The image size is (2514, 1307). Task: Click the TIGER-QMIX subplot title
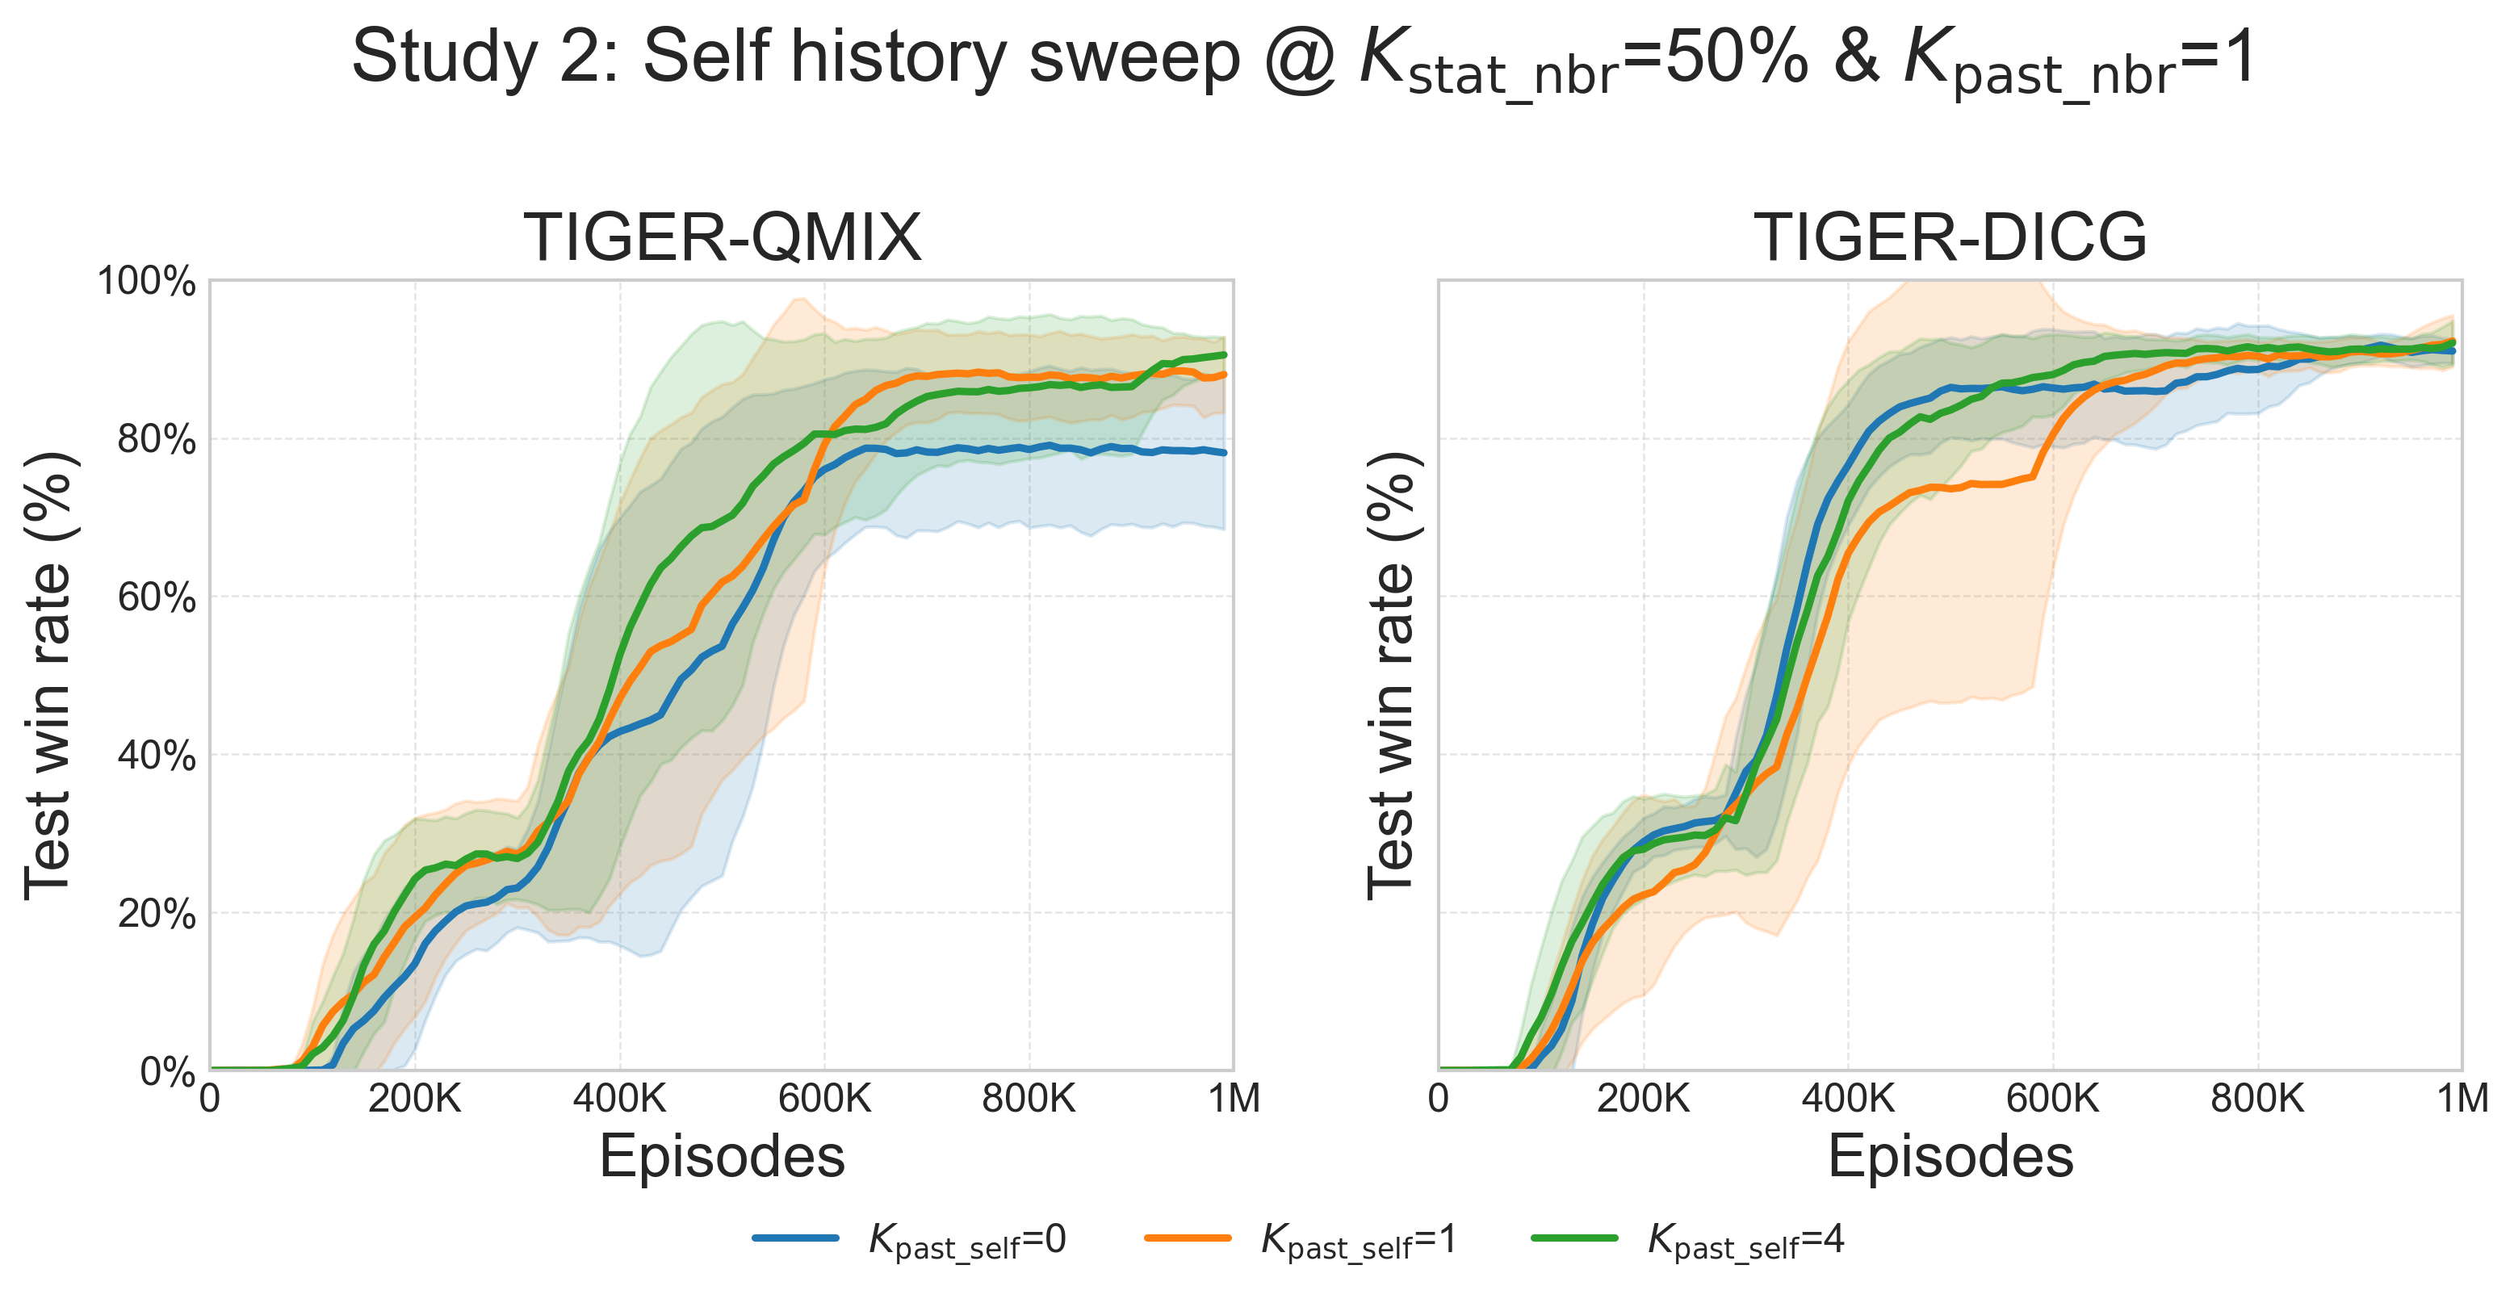(x=723, y=238)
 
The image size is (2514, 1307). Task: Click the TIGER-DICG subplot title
(x=1950, y=238)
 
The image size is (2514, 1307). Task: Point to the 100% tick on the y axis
(x=146, y=282)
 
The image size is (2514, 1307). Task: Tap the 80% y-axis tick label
(x=156, y=440)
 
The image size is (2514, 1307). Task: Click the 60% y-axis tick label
(x=156, y=598)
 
